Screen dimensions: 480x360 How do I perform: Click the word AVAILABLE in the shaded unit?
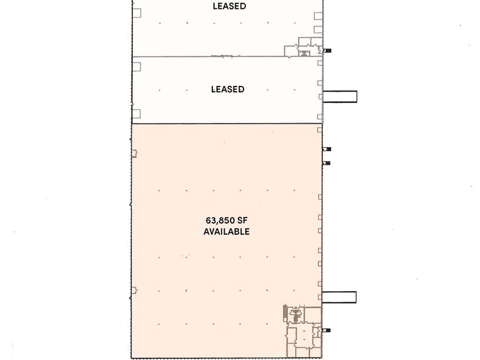tap(226, 232)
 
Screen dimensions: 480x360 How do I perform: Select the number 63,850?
tap(220, 221)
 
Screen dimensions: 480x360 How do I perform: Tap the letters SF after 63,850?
tap(242, 221)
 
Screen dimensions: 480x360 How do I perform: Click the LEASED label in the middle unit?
tap(228, 89)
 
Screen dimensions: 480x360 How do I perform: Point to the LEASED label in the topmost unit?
tap(229, 6)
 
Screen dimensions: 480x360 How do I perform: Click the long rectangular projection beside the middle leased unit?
tap(340, 96)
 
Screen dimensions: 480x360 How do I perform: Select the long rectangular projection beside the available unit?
tap(339, 297)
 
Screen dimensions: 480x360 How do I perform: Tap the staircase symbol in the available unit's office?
tap(285, 313)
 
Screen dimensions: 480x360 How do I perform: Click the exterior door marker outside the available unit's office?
tap(326, 331)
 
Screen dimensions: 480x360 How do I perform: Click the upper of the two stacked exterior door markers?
tap(326, 149)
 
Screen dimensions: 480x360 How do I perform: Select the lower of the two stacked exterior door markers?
tap(326, 163)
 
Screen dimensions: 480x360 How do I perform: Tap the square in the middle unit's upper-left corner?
tap(136, 66)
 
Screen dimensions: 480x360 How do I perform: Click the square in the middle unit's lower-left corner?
tap(136, 114)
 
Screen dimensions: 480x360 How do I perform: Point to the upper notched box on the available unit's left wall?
tap(134, 154)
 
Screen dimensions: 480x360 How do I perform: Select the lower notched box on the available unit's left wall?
tap(134, 290)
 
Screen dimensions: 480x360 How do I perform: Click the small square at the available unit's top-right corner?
tap(319, 130)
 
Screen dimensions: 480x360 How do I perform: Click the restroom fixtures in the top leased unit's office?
tap(304, 54)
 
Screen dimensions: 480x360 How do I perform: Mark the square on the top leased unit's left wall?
tap(136, 13)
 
